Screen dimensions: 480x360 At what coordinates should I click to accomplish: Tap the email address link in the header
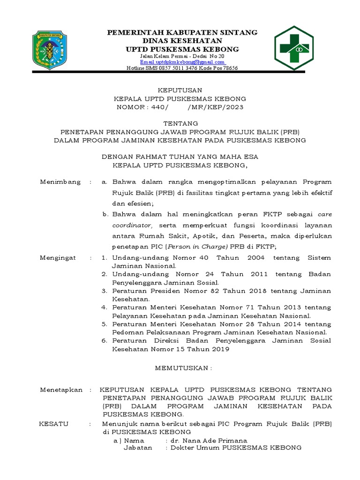(182, 62)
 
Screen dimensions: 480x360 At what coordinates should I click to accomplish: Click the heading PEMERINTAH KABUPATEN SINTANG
(182, 32)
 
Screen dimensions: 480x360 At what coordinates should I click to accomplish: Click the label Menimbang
(60, 181)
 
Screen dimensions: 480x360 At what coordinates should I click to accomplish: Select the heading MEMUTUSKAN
(183, 369)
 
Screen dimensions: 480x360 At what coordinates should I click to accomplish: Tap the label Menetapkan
(61, 390)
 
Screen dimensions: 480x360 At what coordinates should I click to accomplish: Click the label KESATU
(54, 424)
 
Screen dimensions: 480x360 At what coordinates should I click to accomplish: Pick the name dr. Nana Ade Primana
(209, 441)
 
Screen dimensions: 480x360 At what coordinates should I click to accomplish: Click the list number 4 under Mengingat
(105, 307)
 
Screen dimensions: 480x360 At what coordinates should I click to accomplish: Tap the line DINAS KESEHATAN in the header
(182, 41)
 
